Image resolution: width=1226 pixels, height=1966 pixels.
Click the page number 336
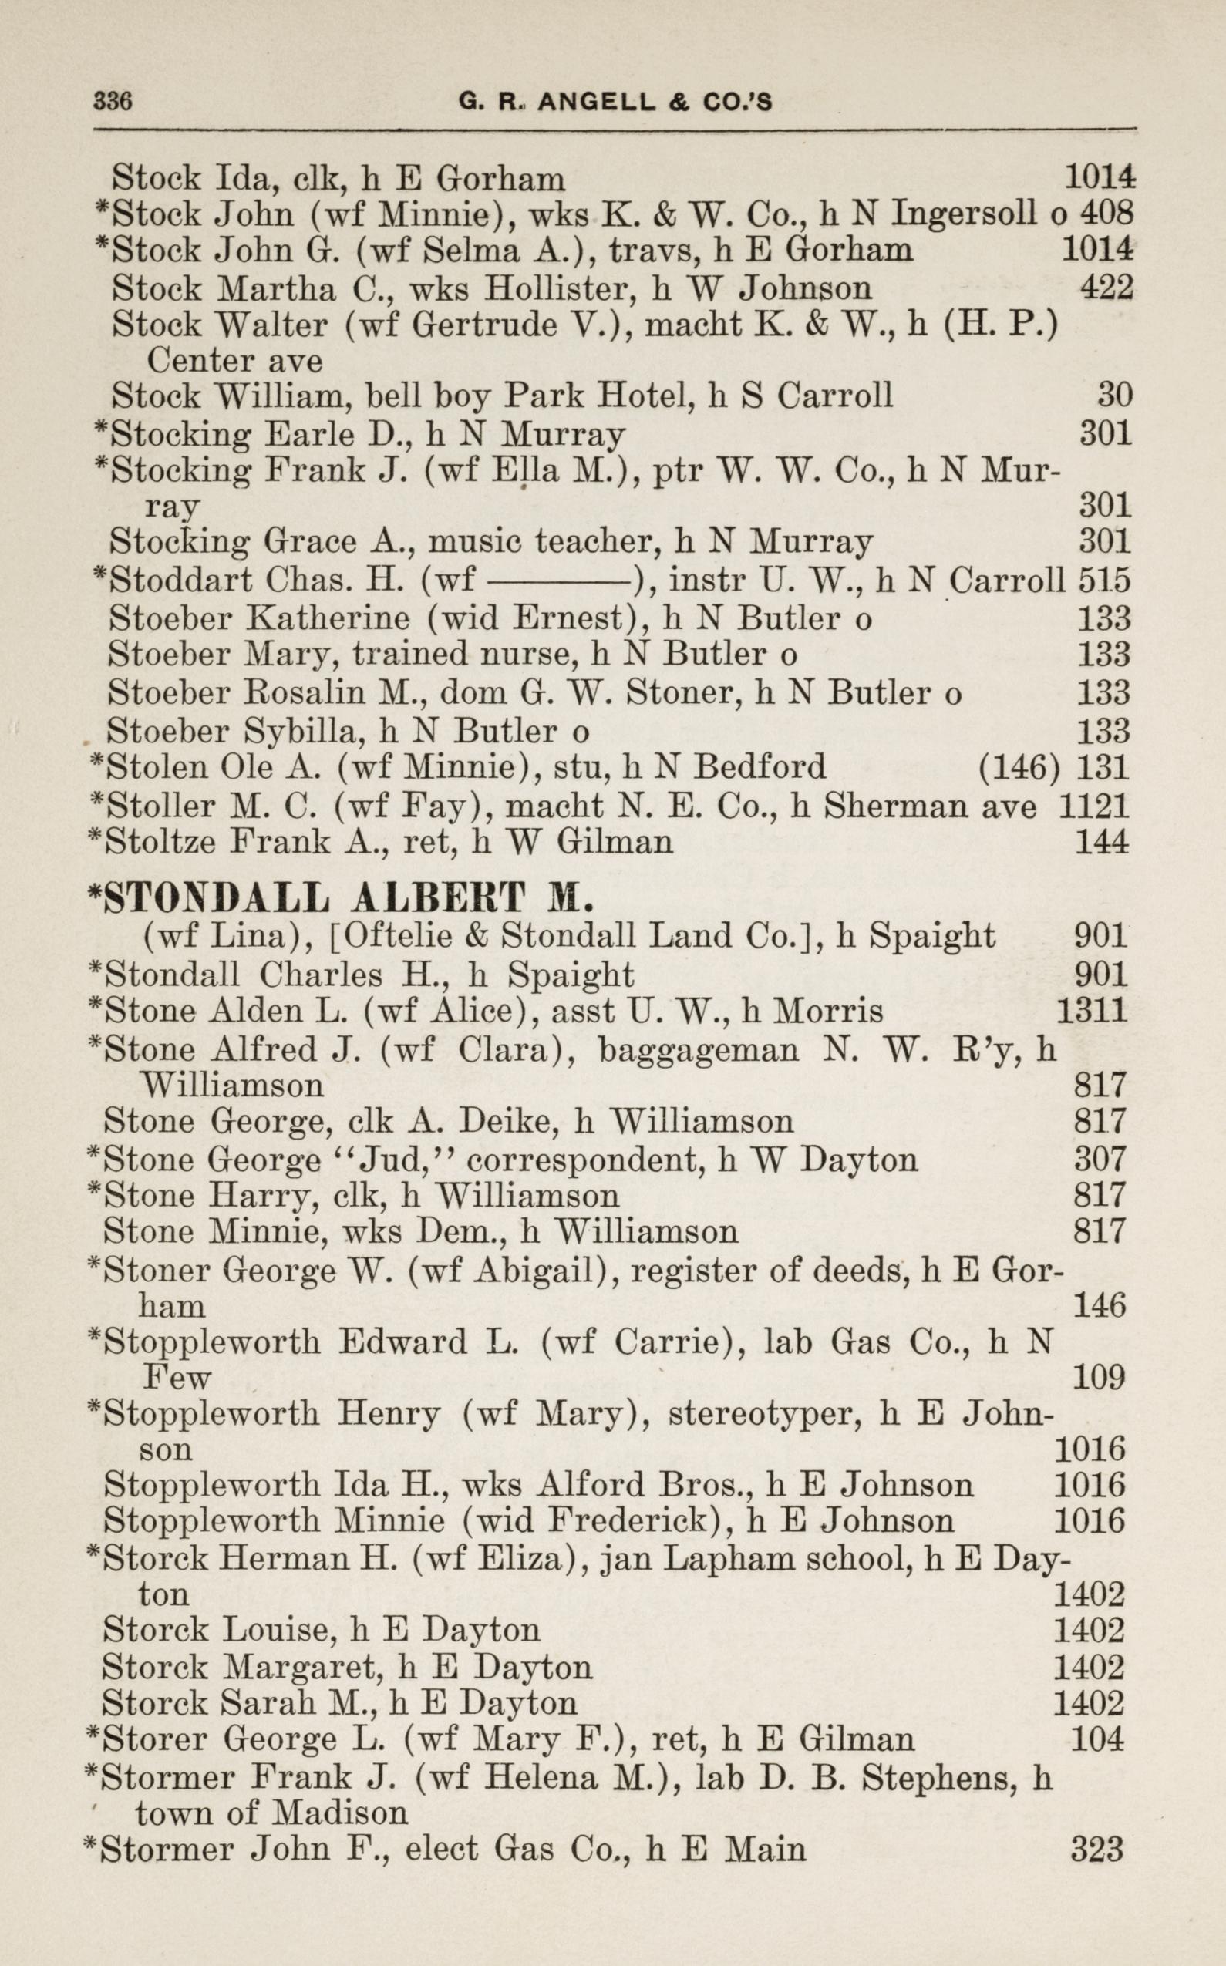[113, 100]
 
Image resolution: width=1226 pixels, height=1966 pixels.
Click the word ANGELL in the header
[596, 101]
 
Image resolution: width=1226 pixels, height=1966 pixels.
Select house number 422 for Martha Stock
[1106, 287]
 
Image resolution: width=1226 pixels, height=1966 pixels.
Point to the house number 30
[1114, 395]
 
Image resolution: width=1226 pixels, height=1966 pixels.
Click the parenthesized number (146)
[1019, 766]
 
